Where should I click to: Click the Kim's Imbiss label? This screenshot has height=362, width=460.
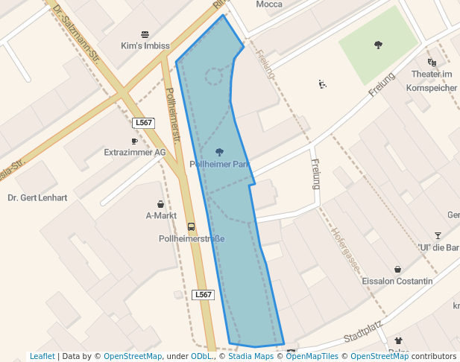pyautogui.click(x=145, y=46)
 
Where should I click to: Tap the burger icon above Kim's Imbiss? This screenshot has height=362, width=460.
pyautogui.click(x=145, y=34)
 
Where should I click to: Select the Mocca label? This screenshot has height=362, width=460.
pyautogui.click(x=268, y=4)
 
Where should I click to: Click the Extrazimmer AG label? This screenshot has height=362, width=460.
pyautogui.click(x=135, y=153)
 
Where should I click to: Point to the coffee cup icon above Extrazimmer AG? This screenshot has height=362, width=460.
pyautogui.click(x=135, y=141)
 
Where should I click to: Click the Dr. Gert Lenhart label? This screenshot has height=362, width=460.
pyautogui.click(x=37, y=198)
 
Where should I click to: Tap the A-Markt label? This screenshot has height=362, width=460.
pyautogui.click(x=161, y=216)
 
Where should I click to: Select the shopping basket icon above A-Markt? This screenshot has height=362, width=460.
pyautogui.click(x=161, y=204)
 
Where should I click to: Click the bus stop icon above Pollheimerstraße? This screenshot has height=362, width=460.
pyautogui.click(x=192, y=226)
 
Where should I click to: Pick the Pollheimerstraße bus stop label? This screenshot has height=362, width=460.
pyautogui.click(x=192, y=239)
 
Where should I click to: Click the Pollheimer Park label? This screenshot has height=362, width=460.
pyautogui.click(x=219, y=164)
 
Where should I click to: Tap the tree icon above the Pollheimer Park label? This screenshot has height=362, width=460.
pyautogui.click(x=219, y=152)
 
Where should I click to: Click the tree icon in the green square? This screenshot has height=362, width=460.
pyautogui.click(x=379, y=45)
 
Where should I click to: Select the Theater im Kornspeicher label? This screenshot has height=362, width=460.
pyautogui.click(x=432, y=80)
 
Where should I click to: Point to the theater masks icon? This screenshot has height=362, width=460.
pyautogui.click(x=432, y=63)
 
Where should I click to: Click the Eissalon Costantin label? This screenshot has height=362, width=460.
pyautogui.click(x=397, y=282)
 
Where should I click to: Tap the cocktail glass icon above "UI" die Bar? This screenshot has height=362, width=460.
pyautogui.click(x=438, y=235)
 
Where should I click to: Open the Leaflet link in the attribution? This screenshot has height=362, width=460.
pyautogui.click(x=42, y=357)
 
